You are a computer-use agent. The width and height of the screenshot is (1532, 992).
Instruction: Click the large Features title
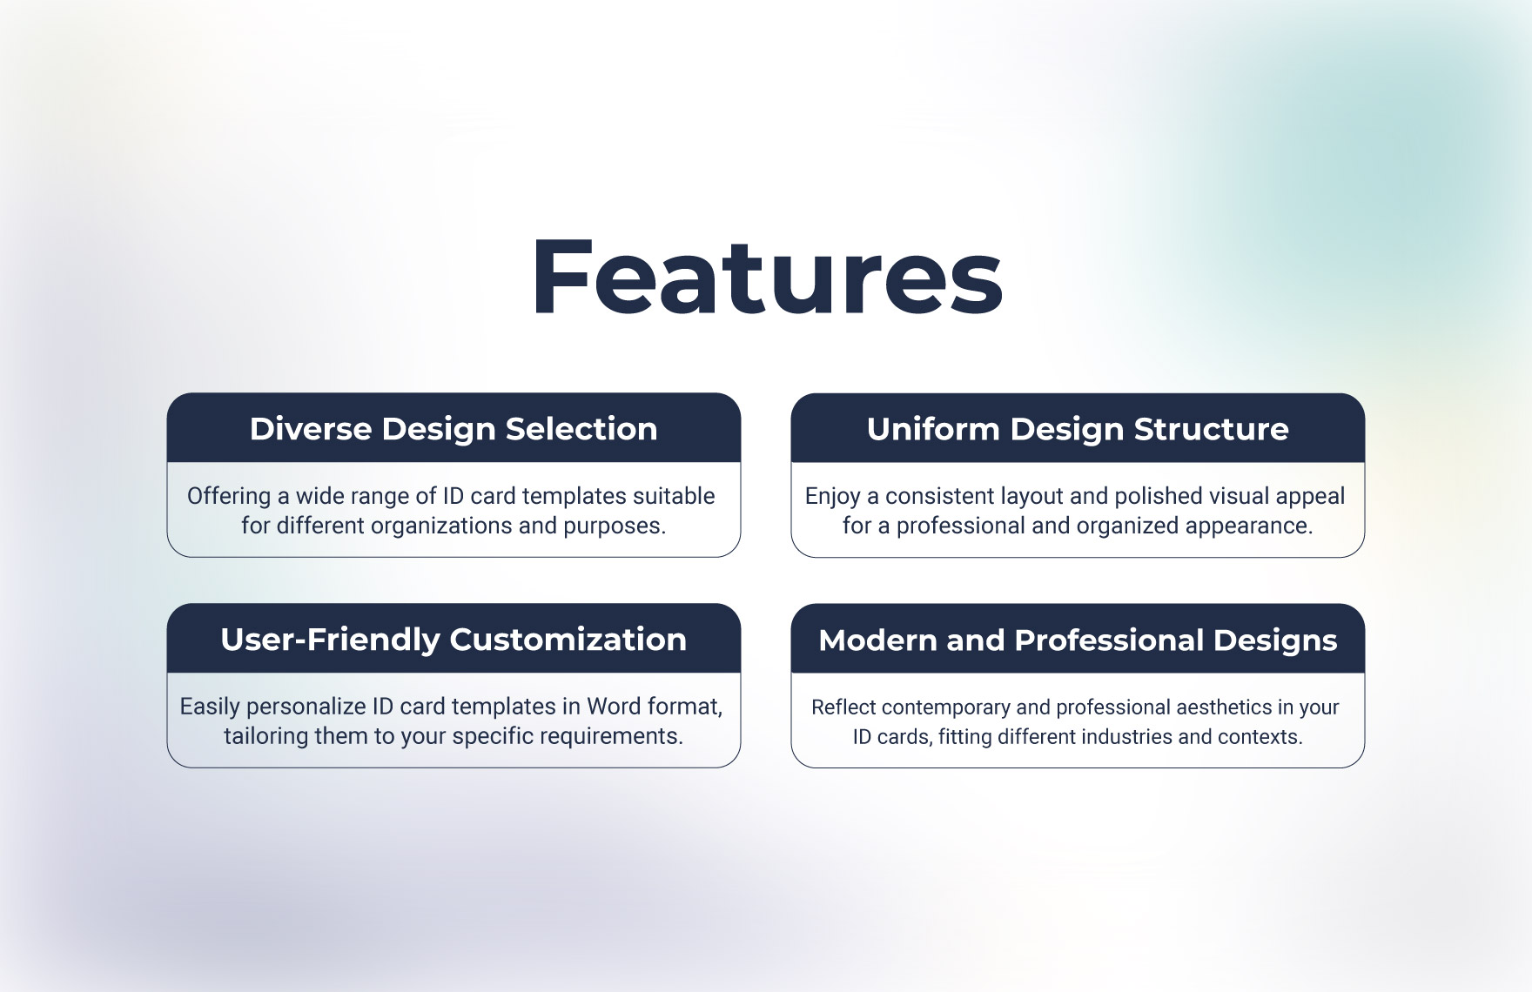click(x=767, y=278)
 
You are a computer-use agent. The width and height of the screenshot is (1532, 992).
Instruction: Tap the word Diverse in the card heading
click(x=310, y=429)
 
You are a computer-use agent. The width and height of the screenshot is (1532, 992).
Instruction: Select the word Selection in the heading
click(x=581, y=429)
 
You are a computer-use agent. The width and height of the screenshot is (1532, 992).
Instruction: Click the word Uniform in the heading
click(x=933, y=429)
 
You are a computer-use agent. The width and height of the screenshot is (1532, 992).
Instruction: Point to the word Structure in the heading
click(x=1211, y=429)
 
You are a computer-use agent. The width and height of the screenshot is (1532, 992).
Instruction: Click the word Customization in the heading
click(x=568, y=640)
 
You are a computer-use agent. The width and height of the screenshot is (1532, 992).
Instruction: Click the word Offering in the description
click(x=229, y=496)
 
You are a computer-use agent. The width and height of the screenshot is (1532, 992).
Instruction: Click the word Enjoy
click(x=832, y=497)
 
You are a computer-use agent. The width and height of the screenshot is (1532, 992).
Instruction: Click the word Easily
click(x=209, y=707)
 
